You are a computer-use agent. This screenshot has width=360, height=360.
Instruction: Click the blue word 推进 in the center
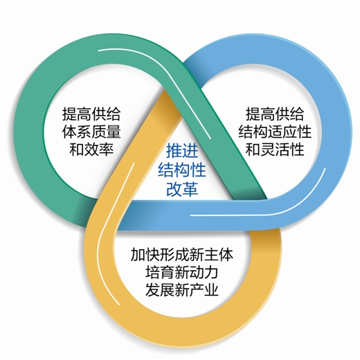pos(182,151)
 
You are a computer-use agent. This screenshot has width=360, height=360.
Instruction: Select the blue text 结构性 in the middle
pos(182,170)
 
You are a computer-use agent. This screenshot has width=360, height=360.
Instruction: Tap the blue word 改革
pos(182,189)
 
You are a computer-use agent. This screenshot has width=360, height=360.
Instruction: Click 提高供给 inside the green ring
pos(91,114)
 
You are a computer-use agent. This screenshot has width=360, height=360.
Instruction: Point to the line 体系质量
pos(91,132)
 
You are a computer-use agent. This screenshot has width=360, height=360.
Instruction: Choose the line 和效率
pos(91,149)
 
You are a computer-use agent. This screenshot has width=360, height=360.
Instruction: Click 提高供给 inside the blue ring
pos(275,114)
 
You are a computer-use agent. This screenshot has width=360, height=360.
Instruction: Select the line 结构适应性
pos(275,132)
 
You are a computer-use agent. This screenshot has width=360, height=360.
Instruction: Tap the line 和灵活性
pos(275,149)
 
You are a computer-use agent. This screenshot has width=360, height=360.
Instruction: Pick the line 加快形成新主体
pos(182,254)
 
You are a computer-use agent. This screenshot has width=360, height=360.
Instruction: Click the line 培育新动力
pos(182,272)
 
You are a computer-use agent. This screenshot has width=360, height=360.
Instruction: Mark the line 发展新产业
pos(182,289)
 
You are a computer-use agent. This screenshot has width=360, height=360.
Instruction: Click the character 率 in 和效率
pos(106,149)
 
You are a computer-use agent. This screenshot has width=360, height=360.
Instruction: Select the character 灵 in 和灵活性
pos(267,149)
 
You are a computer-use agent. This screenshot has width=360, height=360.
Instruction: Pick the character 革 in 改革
pos(190,189)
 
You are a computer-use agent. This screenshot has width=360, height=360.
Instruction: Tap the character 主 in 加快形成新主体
pos(211,254)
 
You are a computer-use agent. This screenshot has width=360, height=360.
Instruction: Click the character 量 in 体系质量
pos(114,132)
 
